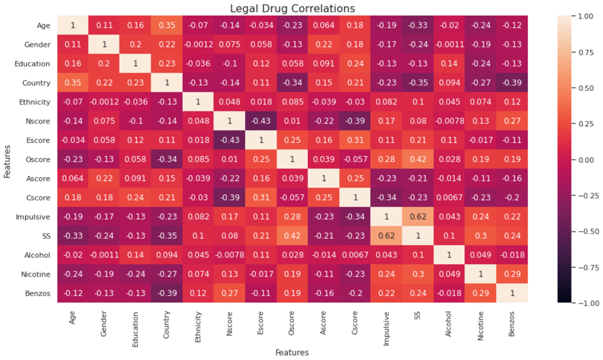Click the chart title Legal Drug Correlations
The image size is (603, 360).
[x=292, y=9]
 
